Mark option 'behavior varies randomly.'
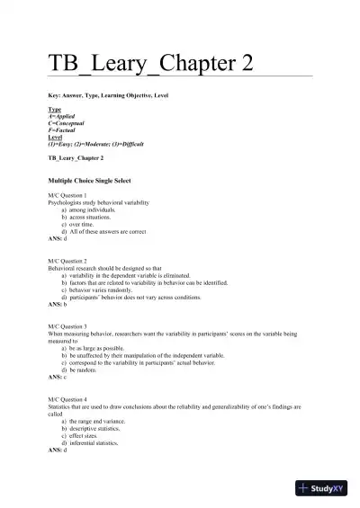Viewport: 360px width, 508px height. click(103, 290)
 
